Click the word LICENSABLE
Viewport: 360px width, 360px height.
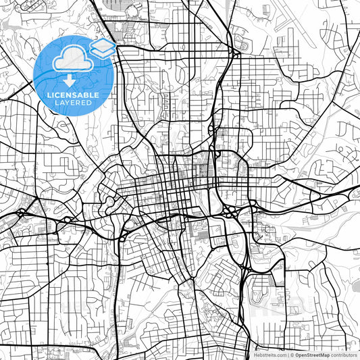(73, 95)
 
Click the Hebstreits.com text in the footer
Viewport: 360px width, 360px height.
(269, 354)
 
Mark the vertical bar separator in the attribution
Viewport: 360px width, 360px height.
(288, 354)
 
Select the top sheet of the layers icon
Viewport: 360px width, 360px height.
(103, 44)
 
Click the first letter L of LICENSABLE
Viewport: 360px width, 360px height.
(48, 95)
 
